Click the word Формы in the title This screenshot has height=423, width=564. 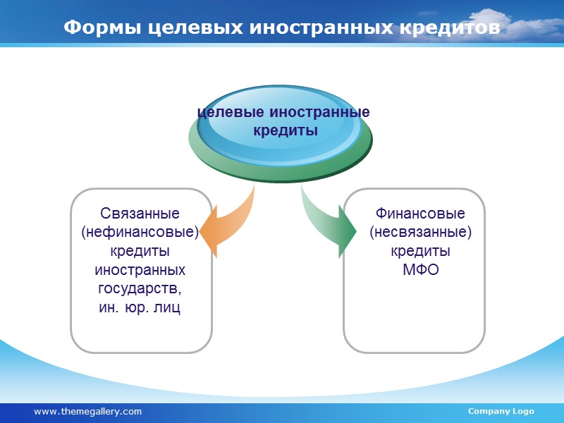click(103, 27)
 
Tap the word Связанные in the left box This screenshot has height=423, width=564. click(140, 213)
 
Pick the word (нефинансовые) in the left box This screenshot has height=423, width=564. click(140, 232)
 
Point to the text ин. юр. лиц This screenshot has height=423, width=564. click(140, 308)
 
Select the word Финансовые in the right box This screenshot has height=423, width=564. click(420, 213)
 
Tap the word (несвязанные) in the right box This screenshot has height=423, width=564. click(420, 232)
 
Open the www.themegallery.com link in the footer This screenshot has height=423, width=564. click(87, 411)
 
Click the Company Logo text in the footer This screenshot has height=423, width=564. click(501, 411)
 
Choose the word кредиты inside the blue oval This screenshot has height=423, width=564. click(285, 131)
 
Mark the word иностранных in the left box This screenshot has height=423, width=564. click(140, 270)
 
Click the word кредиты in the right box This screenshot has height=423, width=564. click(420, 251)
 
